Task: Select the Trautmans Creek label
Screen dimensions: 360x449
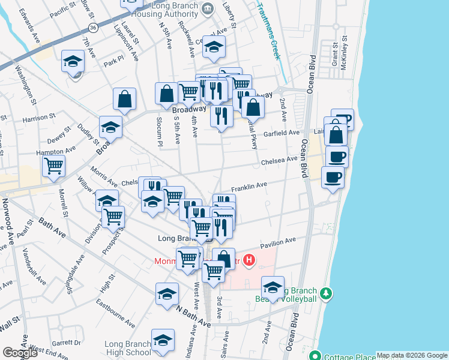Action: (x=269, y=31)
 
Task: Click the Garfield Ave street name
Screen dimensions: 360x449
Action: (x=282, y=133)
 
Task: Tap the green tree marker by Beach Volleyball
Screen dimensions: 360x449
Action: (x=326, y=293)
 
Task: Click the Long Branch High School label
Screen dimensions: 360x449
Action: (x=127, y=348)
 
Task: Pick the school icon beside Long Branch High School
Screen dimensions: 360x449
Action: (x=163, y=340)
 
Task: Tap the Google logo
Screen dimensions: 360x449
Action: (x=20, y=353)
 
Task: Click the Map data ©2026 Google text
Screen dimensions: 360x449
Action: (x=412, y=355)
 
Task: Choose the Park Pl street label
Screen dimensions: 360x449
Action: (x=113, y=61)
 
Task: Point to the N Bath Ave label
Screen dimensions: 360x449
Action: (x=193, y=316)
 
